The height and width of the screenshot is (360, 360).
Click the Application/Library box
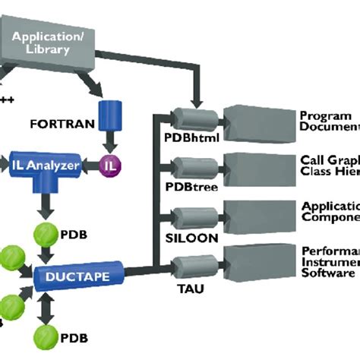[x=51, y=43]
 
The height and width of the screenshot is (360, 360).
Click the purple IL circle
[x=110, y=163]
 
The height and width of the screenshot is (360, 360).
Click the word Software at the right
[x=328, y=272]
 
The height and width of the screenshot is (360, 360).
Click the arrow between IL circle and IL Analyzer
[x=91, y=163]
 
